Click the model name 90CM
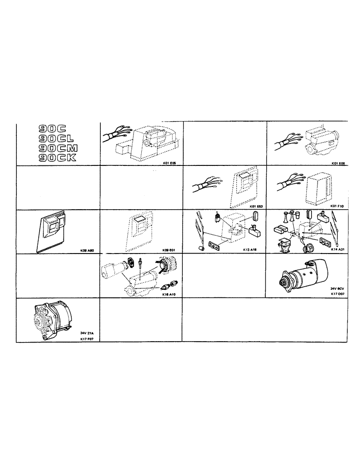point(58,148)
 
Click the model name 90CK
point(58,158)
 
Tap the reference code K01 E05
point(170,163)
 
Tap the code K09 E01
point(170,250)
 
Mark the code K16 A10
point(170,295)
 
